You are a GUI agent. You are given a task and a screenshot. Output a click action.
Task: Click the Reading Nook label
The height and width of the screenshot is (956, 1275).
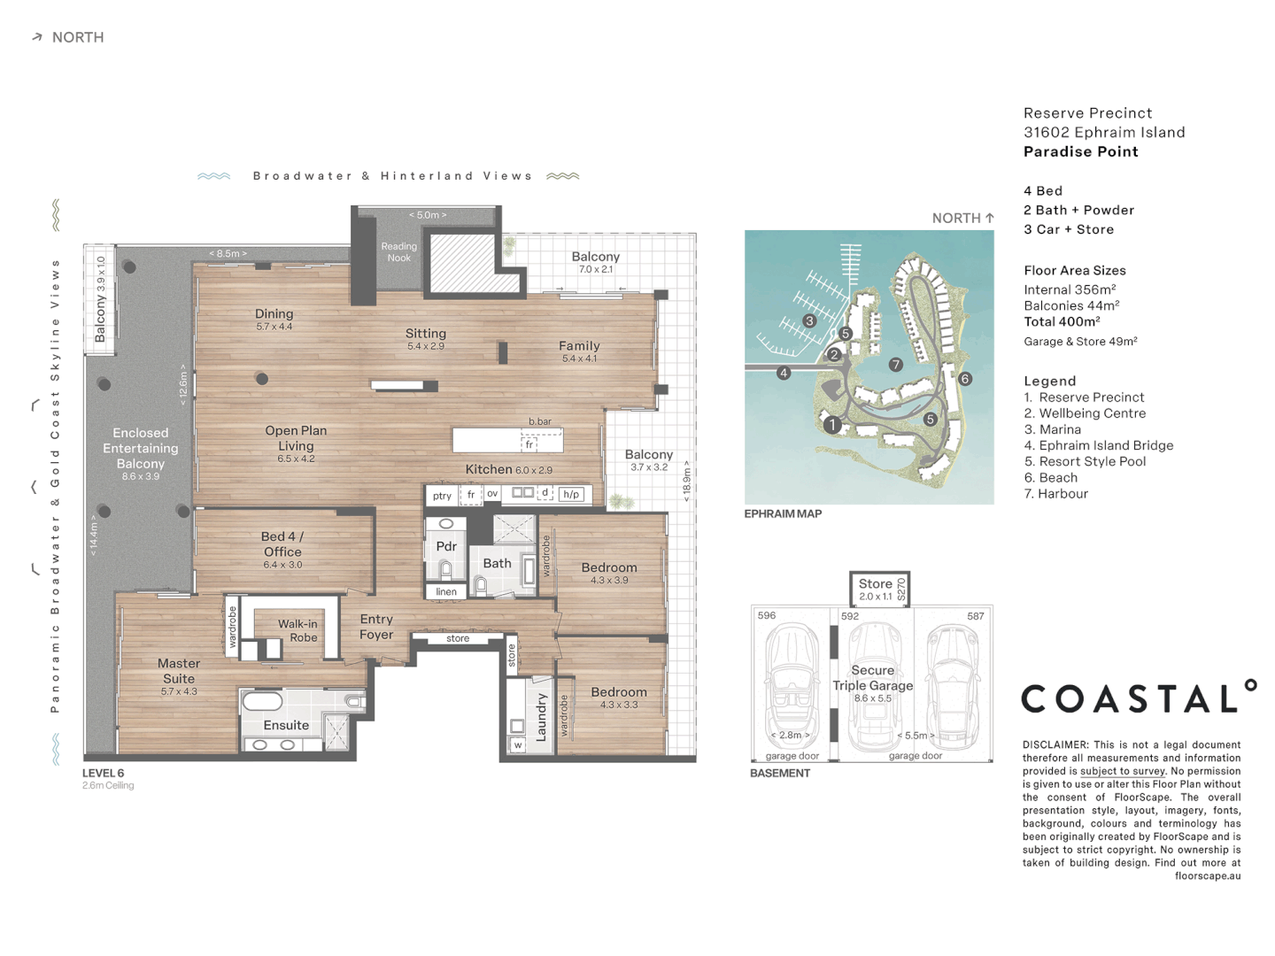(398, 252)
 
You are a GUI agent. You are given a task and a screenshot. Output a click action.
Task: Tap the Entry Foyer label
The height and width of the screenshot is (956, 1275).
(375, 627)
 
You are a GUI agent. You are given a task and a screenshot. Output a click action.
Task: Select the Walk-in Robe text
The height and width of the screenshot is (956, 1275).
(297, 630)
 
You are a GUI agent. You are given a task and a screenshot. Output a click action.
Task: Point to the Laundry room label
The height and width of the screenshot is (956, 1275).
(541, 717)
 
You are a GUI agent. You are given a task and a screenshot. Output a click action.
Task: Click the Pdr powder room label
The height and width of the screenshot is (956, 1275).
(446, 546)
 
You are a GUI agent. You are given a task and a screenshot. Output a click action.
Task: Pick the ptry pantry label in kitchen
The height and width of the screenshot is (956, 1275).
(442, 496)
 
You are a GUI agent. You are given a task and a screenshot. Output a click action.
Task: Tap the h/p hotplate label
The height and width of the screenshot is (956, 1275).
(571, 494)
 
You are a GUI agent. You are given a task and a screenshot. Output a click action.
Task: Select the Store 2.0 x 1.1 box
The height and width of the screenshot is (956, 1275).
(879, 590)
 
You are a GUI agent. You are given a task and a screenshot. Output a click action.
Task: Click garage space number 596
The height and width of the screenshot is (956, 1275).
(766, 615)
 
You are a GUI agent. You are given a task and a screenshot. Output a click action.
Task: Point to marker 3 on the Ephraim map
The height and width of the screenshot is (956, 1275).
(809, 320)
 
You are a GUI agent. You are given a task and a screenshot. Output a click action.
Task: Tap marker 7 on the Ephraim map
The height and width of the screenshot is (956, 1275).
(896, 364)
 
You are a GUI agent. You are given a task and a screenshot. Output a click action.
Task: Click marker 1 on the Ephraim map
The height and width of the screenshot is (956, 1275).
(832, 425)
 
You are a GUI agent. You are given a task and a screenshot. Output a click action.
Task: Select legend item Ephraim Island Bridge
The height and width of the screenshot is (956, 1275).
(1099, 445)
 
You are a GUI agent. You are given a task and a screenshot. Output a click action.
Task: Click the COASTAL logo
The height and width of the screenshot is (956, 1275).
(1139, 697)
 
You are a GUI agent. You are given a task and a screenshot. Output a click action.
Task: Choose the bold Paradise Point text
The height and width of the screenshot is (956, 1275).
(1080, 151)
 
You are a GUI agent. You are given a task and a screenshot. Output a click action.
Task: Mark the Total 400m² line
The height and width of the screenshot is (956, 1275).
(1062, 321)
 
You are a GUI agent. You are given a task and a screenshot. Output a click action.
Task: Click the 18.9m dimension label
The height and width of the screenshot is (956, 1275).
(686, 482)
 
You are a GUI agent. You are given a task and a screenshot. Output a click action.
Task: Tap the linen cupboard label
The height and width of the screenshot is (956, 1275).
(446, 591)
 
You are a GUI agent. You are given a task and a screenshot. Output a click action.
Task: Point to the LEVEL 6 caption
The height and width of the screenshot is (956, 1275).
(103, 773)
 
